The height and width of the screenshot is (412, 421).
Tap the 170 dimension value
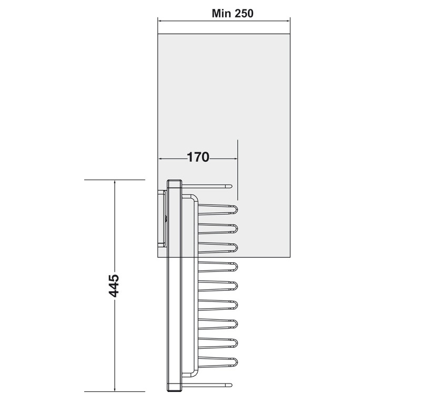tap(198, 157)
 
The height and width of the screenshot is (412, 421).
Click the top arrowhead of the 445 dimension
tap(115, 182)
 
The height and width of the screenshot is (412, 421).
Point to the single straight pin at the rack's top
tap(208, 185)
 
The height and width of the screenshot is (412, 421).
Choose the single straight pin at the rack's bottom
tap(208, 385)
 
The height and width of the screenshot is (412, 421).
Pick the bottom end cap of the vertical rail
tap(175, 389)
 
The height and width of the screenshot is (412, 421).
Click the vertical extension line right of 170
tap(238, 169)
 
